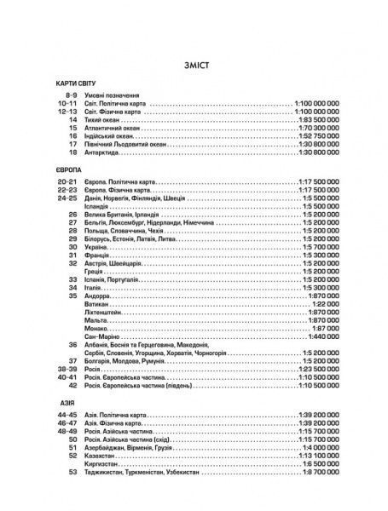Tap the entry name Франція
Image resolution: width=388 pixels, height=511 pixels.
(98, 254)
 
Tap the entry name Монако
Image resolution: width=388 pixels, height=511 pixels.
(97, 325)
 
